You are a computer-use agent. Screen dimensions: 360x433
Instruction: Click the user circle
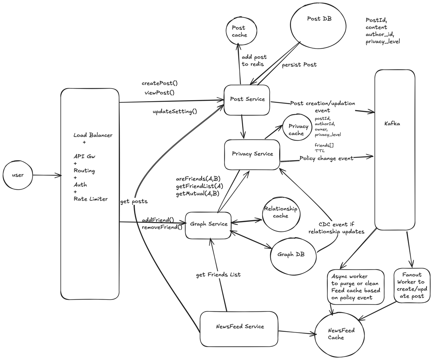[18, 175]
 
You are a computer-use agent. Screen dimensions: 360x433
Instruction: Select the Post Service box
[247, 100]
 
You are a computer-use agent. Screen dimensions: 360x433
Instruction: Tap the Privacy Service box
[252, 154]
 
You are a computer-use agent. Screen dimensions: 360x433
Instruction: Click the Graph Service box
[208, 224]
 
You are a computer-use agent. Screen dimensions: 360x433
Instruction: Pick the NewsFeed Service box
[239, 327]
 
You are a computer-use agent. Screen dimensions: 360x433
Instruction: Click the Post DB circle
[318, 25]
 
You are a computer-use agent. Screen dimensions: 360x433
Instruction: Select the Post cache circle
[241, 31]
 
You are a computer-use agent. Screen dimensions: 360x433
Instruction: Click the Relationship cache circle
[281, 213]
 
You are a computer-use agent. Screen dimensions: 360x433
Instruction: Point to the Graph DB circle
[293, 255]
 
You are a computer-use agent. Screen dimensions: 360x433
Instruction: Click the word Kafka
[392, 123]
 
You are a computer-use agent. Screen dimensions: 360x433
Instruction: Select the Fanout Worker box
[412, 285]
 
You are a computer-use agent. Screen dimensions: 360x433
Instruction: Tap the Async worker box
[356, 287]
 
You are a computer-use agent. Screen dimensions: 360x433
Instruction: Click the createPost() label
[160, 83]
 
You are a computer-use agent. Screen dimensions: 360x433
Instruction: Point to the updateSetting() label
[175, 111]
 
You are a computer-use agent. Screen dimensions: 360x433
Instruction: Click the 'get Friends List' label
[218, 275]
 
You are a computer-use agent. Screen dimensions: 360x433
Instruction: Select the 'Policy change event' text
[326, 158]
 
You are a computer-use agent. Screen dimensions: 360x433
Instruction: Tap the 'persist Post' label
[299, 65]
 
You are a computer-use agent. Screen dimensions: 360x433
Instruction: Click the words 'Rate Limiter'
[90, 199]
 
